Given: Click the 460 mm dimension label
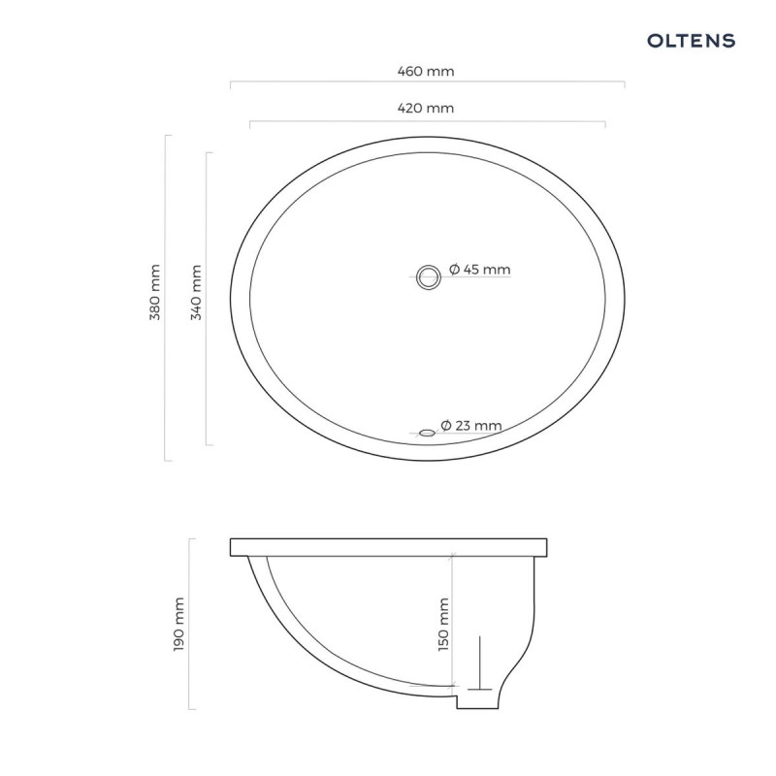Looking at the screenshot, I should point(426,71).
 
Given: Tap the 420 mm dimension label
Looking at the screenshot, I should point(426,108).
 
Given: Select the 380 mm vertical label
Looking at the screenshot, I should point(154,293).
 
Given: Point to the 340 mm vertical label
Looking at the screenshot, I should point(195,293).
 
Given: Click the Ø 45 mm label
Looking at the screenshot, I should point(479,270).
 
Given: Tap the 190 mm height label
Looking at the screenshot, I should point(178,624).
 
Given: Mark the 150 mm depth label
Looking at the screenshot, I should point(444,623).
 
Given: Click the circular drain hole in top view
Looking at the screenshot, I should point(427,275).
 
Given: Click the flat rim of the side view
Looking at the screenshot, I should point(388,546).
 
